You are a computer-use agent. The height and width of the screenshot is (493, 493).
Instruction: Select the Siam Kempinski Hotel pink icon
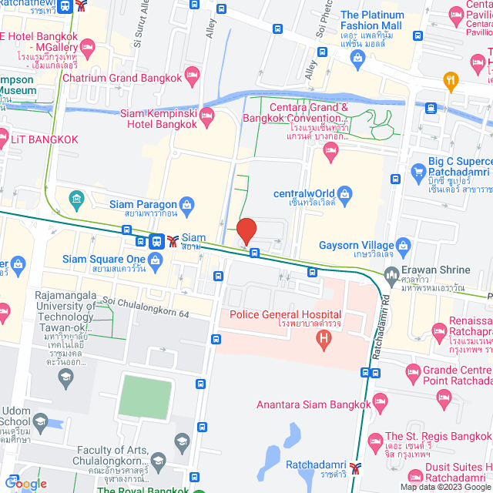206,117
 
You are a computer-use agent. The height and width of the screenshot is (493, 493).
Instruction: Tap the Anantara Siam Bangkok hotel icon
379,402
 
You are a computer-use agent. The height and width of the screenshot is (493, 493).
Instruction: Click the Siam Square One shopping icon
156,259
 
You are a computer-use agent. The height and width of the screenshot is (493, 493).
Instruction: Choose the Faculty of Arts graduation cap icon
182,441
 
